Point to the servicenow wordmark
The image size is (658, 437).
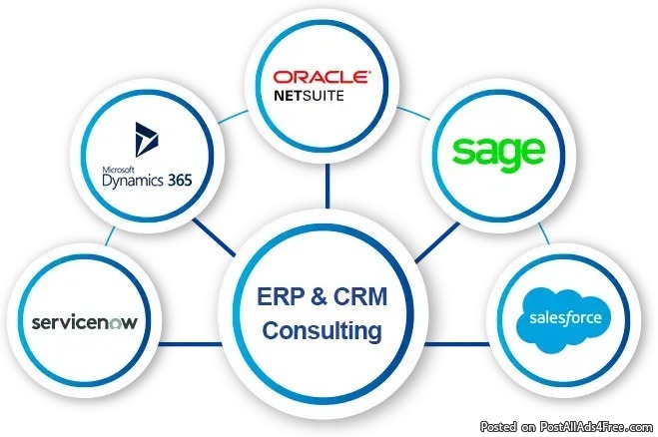coord(84,323)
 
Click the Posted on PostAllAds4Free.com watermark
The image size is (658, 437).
coord(567,426)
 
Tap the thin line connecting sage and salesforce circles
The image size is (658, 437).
coord(543,230)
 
